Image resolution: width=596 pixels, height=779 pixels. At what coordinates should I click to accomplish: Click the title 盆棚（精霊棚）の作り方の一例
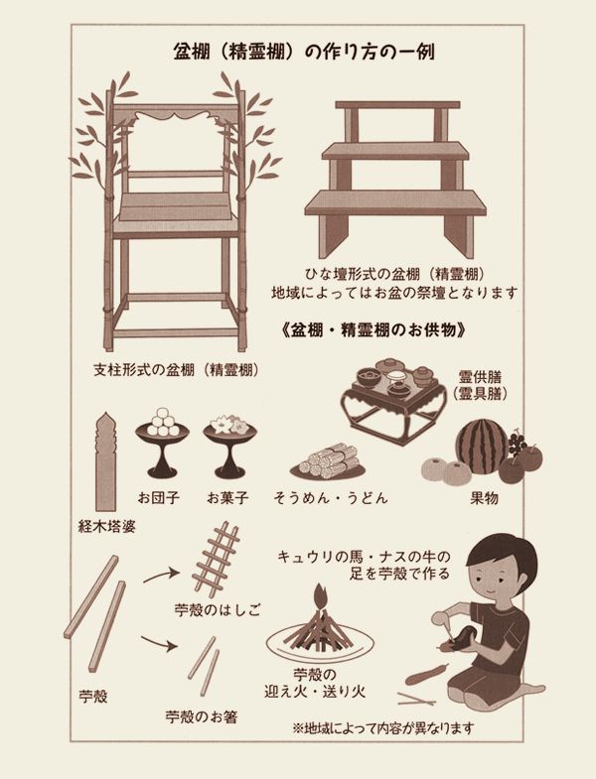[x=304, y=52]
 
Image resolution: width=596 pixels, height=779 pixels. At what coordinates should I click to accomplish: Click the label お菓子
[x=227, y=497]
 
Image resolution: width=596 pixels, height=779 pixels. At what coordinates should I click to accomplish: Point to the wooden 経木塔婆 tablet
[x=105, y=461]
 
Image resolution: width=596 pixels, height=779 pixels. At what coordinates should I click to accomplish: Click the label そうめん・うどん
[x=331, y=497]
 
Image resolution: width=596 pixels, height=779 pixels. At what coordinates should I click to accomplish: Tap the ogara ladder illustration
[x=216, y=559]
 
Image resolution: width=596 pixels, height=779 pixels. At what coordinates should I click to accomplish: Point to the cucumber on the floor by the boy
[x=426, y=674]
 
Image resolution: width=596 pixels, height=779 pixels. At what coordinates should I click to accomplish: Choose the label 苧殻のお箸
[x=202, y=716]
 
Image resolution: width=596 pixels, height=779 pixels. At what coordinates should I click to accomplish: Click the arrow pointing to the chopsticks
[x=159, y=642]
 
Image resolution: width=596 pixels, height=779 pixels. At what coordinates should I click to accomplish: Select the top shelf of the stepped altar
[x=397, y=105]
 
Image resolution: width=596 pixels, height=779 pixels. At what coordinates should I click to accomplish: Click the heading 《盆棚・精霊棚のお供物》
[x=373, y=329]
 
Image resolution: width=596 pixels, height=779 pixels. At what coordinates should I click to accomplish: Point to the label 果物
[x=484, y=497]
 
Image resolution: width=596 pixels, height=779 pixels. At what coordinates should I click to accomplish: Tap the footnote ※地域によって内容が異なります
[x=383, y=728]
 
